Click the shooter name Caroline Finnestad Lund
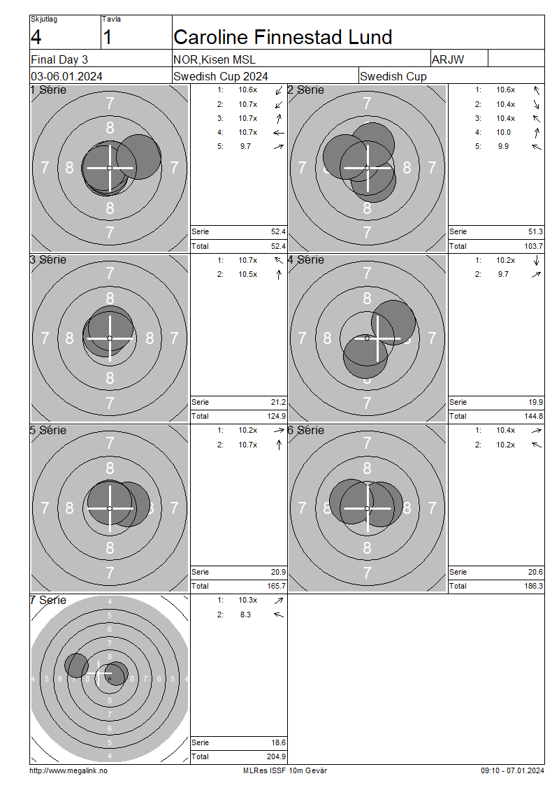coord(282,37)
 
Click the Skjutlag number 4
coord(36,37)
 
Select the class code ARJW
coord(448,59)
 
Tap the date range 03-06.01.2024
coord(66,77)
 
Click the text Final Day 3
coord(59,59)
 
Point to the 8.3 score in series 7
coord(245,615)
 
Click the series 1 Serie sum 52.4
coord(278,232)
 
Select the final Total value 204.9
coord(276,756)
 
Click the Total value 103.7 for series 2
coord(533,246)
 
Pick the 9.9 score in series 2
coord(503,147)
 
